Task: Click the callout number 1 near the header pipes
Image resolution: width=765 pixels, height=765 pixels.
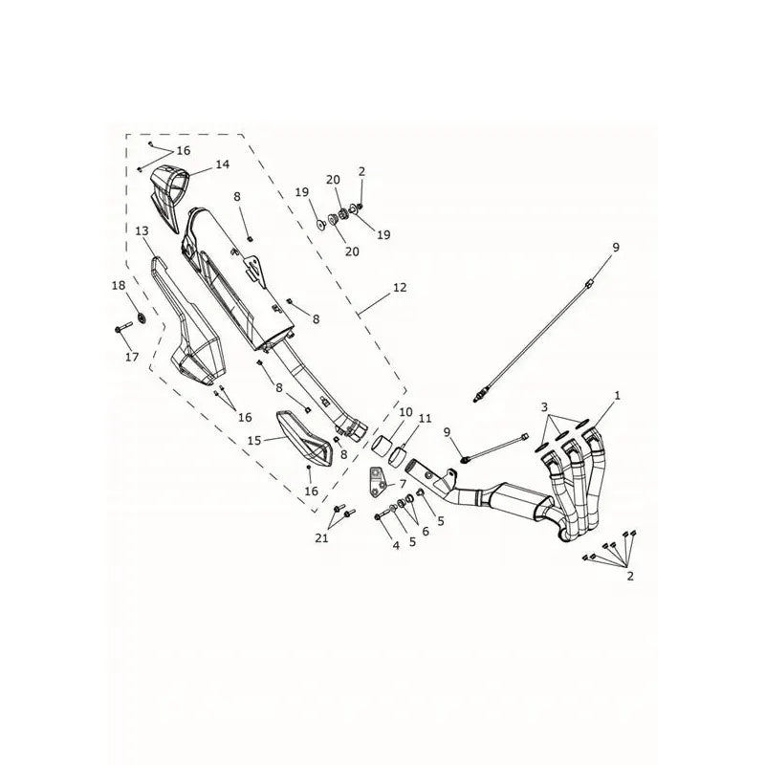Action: [x=617, y=395]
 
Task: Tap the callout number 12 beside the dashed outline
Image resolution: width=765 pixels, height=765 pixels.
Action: [x=400, y=288]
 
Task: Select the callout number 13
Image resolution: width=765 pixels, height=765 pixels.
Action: [x=142, y=230]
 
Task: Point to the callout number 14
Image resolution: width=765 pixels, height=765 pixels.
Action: [x=223, y=164]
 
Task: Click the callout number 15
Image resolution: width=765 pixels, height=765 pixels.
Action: [x=254, y=441]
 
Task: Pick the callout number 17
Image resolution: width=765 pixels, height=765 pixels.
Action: [x=132, y=357]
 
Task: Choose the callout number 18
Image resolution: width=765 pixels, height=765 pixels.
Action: [x=119, y=285]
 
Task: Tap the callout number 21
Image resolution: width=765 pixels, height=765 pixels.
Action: [x=321, y=538]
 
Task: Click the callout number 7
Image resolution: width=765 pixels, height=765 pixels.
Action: [x=403, y=484]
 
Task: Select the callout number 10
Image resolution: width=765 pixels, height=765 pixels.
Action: [x=405, y=412]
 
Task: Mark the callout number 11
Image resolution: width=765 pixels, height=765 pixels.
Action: [x=425, y=418]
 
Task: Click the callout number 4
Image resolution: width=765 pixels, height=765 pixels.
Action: [x=396, y=545]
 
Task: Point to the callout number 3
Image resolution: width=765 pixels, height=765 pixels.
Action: [x=544, y=406]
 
